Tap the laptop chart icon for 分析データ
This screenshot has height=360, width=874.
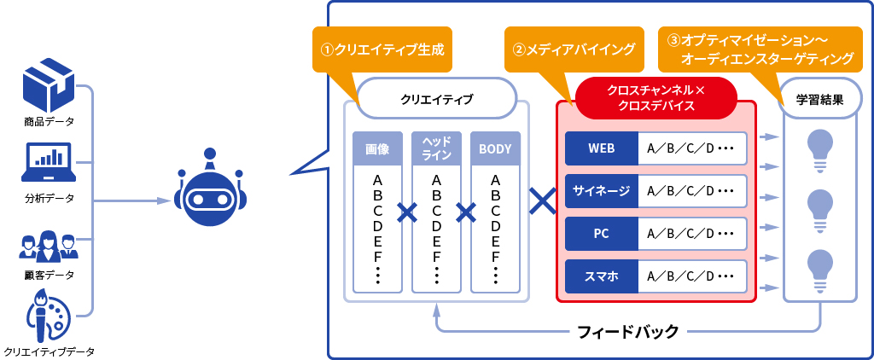click(49, 162)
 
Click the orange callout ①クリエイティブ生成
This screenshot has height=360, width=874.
click(382, 49)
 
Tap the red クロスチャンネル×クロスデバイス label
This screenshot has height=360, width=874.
click(655, 98)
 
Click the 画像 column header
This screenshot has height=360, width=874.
click(377, 148)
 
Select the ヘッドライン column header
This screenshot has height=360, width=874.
click(436, 148)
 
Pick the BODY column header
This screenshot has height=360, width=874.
click(495, 148)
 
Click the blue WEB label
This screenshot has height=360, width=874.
click(601, 148)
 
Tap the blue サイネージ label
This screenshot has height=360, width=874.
click(601, 190)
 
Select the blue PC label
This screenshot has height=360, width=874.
click(601, 233)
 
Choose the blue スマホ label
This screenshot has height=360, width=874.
click(601, 276)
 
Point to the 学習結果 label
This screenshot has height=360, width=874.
click(820, 99)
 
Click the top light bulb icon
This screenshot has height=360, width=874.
click(819, 148)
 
